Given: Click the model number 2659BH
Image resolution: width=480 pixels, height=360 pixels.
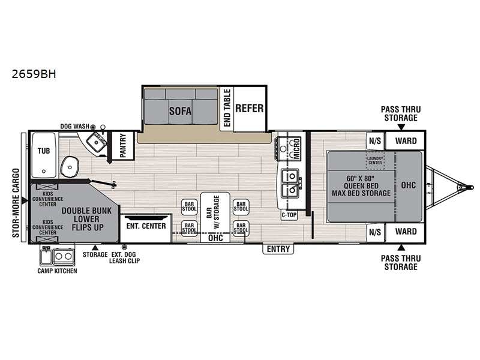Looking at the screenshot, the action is coord(34,74).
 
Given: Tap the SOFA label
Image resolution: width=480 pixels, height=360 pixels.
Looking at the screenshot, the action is coord(181,111).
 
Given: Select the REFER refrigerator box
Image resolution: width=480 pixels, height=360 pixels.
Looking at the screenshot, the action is coord(250,109).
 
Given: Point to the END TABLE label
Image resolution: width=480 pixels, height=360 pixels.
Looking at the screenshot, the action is coord(227,108).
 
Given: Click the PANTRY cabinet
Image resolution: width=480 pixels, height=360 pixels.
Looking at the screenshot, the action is coord(123,145).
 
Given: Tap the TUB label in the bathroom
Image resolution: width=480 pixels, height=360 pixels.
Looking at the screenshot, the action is coord(44,151).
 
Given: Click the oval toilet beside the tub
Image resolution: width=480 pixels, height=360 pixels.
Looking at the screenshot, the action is coord(70,167).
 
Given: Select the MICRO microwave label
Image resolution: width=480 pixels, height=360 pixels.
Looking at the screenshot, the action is coord(296,148).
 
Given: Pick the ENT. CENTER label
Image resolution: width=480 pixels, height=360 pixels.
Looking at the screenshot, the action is coord(146,226).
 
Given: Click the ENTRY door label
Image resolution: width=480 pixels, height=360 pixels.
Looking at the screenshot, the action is coord(278,249).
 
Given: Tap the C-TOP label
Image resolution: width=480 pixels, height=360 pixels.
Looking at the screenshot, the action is coord(289,215).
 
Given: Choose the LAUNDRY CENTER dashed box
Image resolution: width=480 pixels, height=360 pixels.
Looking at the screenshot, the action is coord(375,160).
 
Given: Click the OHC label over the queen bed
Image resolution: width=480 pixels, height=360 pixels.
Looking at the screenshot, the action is coord(409,185).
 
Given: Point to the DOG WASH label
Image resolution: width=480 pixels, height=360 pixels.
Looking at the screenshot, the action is coord(74,127).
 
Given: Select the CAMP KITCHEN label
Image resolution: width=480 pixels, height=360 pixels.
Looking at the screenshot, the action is coord(57,271).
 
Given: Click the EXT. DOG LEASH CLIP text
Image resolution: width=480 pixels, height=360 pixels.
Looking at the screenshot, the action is coord(124,258).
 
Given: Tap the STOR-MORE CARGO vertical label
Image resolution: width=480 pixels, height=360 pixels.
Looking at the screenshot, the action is coord(16,203).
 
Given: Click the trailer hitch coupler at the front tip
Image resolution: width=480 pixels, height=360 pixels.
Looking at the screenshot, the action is coord(468,186).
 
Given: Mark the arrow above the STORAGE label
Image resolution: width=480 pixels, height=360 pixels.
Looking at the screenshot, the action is coord(95,247).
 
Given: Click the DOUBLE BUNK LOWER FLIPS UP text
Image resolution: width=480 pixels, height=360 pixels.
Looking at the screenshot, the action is coord(86,219).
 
